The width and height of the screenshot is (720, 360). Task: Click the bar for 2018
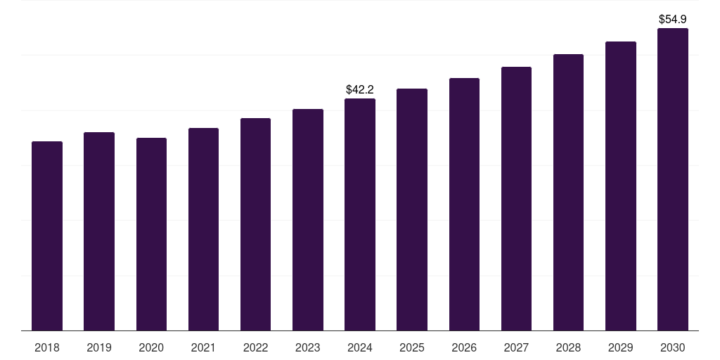click(47, 236)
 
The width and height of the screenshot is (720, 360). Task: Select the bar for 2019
click(99, 231)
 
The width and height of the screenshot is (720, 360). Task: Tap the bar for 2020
click(151, 234)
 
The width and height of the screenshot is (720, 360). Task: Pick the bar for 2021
click(203, 229)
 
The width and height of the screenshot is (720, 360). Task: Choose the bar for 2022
click(255, 224)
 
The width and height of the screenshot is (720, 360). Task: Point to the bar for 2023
click(308, 220)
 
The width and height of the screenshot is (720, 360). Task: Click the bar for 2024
click(360, 214)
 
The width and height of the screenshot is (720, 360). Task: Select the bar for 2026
click(464, 205)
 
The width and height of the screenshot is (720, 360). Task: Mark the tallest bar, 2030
click(673, 179)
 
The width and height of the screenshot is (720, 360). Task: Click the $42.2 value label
click(360, 89)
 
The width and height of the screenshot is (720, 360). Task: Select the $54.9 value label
click(673, 19)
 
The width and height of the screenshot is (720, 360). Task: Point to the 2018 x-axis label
click(47, 347)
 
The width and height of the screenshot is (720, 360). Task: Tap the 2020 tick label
click(151, 347)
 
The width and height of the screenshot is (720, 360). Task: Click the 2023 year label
click(308, 347)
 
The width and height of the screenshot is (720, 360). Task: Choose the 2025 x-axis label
click(412, 347)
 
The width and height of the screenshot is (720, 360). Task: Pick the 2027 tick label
click(516, 347)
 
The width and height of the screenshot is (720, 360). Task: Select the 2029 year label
click(621, 347)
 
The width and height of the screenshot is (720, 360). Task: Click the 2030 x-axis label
click(673, 347)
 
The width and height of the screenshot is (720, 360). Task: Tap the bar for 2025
click(412, 210)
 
